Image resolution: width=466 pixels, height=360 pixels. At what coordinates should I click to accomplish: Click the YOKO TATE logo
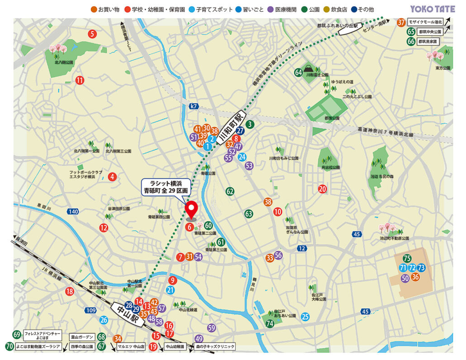pos(432,9)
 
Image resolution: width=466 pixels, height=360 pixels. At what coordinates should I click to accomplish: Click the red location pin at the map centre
pos(192,209)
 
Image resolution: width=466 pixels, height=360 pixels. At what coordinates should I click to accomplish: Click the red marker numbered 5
pos(92,34)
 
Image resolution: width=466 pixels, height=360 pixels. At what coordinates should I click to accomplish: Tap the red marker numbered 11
pos(80,81)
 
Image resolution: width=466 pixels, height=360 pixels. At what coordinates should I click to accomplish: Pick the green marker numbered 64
pos(299,72)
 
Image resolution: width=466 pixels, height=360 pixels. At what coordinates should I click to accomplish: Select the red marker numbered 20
pos(322,189)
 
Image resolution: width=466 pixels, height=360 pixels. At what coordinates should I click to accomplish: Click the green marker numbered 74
pos(270,323)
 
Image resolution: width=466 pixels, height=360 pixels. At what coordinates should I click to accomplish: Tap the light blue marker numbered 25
pos(305,317)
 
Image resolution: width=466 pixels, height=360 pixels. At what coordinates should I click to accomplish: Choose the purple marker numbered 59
pos(211,327)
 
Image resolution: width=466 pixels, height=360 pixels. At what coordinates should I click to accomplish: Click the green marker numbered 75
pos(407,259)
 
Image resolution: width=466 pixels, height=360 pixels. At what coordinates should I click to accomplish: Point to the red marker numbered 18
pos(69,292)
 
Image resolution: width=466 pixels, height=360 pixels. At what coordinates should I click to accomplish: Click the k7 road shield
pos(194,106)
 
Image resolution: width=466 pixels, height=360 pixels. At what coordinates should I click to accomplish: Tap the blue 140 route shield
pos(73,211)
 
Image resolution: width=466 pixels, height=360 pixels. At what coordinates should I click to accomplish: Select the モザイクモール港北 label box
pos(425,22)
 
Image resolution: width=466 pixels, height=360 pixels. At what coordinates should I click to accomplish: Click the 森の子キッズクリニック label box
pos(215,346)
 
